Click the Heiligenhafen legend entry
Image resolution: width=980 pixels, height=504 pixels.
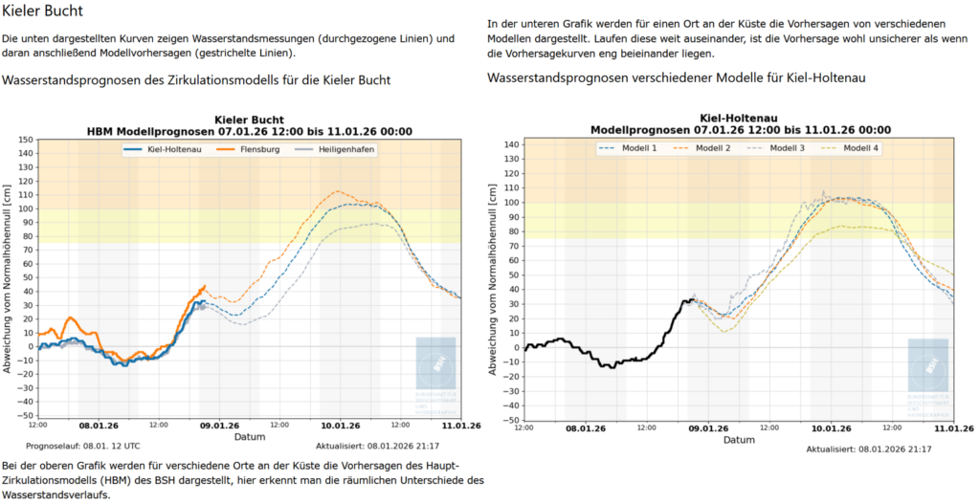[x=334, y=149]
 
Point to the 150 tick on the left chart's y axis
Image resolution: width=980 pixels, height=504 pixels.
[x=26, y=139]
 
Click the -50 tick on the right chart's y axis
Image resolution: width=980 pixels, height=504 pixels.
[x=512, y=420]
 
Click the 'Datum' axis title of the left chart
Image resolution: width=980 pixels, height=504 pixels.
[x=249, y=436]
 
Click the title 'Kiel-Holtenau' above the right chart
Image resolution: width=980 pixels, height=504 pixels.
[x=739, y=119]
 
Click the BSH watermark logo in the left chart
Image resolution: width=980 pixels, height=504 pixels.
[x=435, y=363]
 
